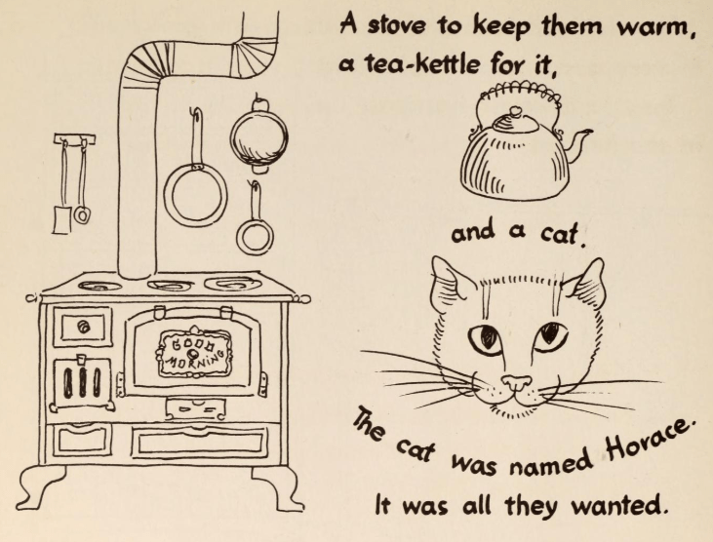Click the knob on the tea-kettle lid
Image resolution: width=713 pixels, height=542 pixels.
pyautogui.click(x=515, y=110)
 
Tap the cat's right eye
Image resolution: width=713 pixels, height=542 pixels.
pyautogui.click(x=551, y=336)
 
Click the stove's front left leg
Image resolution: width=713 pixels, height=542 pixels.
pyautogui.click(x=40, y=487)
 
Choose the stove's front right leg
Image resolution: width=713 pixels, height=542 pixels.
pyautogui.click(x=278, y=488)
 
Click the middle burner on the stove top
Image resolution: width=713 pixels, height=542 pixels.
pyautogui.click(x=170, y=286)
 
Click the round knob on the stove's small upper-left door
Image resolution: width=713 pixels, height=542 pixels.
pyautogui.click(x=83, y=326)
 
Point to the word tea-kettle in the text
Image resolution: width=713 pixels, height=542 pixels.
pyautogui.click(x=422, y=65)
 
